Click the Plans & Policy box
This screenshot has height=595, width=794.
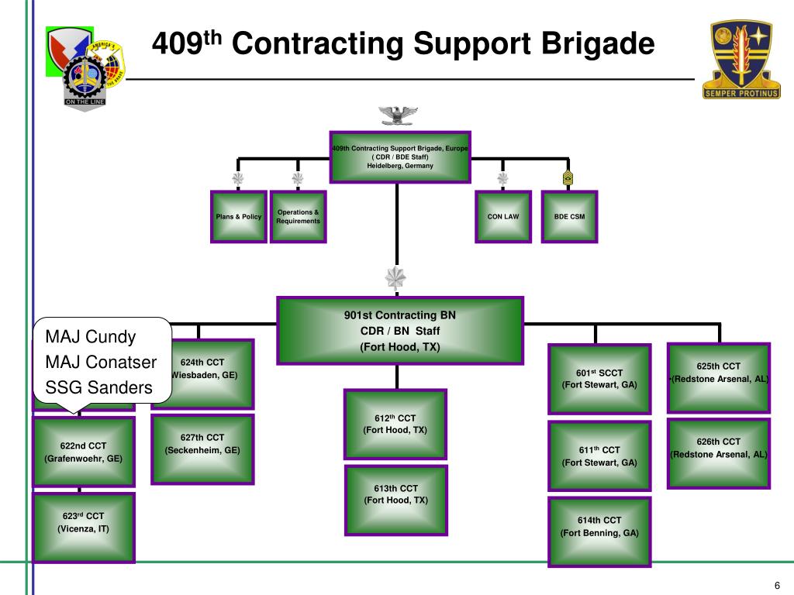[x=239, y=217]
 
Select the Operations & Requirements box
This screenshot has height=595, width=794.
[x=298, y=217]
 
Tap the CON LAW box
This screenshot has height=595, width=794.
[x=503, y=217]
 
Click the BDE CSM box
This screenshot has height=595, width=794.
[x=569, y=217]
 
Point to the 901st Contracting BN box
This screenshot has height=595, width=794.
[x=399, y=331]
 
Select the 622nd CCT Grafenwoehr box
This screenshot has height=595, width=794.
[x=83, y=452]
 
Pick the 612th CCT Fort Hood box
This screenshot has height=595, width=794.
[x=395, y=424]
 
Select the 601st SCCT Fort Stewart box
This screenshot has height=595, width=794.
[x=599, y=379]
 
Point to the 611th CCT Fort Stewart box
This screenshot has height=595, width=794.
[x=599, y=456]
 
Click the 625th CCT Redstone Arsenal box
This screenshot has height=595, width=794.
[x=719, y=377]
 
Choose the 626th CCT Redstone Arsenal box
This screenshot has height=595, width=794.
[x=719, y=453]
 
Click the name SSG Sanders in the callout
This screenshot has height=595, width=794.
[x=98, y=387]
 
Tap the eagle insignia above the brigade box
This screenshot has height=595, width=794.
[x=399, y=115]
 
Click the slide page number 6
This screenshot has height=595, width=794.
[x=776, y=584]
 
